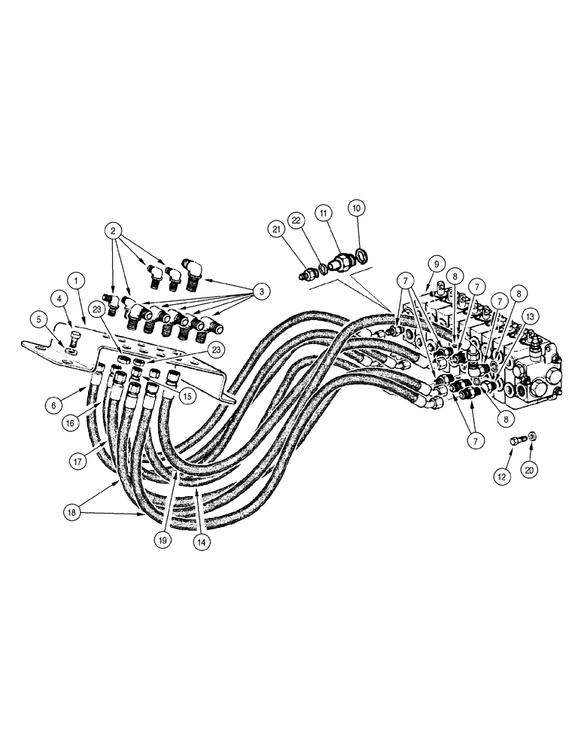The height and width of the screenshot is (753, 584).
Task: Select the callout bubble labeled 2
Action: (114, 229)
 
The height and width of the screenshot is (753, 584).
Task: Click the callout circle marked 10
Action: (357, 207)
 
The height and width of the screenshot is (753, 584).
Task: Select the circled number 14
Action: (200, 539)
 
